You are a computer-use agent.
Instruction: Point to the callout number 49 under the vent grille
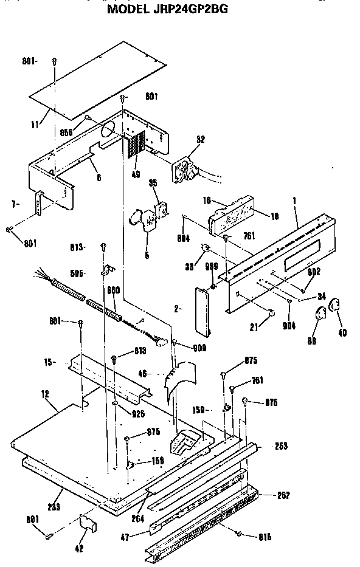click(x=135, y=174)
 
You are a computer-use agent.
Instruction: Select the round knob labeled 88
click(x=319, y=315)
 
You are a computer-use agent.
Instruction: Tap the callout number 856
click(x=67, y=132)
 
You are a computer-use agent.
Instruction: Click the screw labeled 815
click(x=238, y=533)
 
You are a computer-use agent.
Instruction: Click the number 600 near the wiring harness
click(x=113, y=290)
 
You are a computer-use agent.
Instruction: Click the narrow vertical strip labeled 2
click(x=201, y=310)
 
